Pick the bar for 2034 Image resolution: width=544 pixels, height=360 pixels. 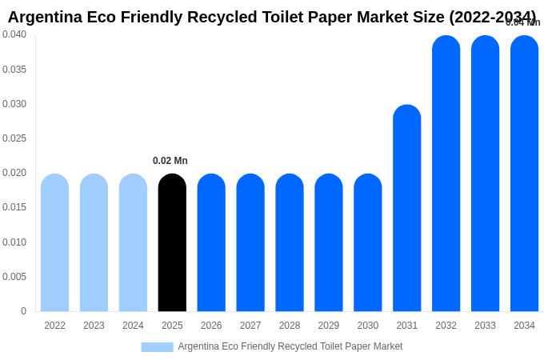[524, 174]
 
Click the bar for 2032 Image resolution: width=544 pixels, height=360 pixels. [446, 174]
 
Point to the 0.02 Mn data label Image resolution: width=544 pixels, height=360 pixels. [170, 161]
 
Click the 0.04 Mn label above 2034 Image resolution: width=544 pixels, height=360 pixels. [523, 22]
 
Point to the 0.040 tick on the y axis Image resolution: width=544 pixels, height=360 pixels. [14, 34]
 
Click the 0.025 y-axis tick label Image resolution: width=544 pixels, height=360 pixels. [14, 138]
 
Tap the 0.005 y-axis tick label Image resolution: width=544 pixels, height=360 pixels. [14, 277]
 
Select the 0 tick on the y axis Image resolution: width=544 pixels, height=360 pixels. [23, 311]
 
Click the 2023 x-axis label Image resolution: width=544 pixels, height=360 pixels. [94, 326]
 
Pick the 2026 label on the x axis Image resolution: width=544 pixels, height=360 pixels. [211, 326]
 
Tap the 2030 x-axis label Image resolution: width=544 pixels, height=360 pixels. [368, 326]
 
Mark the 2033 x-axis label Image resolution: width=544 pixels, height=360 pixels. [485, 326]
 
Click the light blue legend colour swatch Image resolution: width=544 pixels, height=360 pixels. [157, 347]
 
